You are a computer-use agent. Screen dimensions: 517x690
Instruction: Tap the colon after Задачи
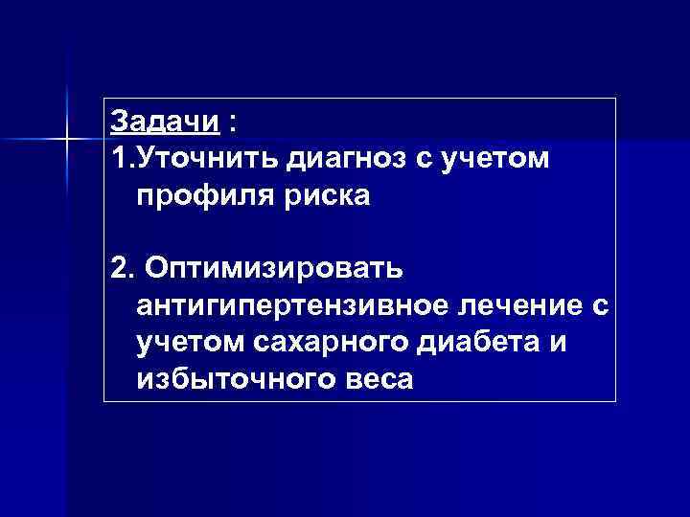coord(234,124)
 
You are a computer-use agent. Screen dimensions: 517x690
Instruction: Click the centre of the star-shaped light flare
coord(67,141)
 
